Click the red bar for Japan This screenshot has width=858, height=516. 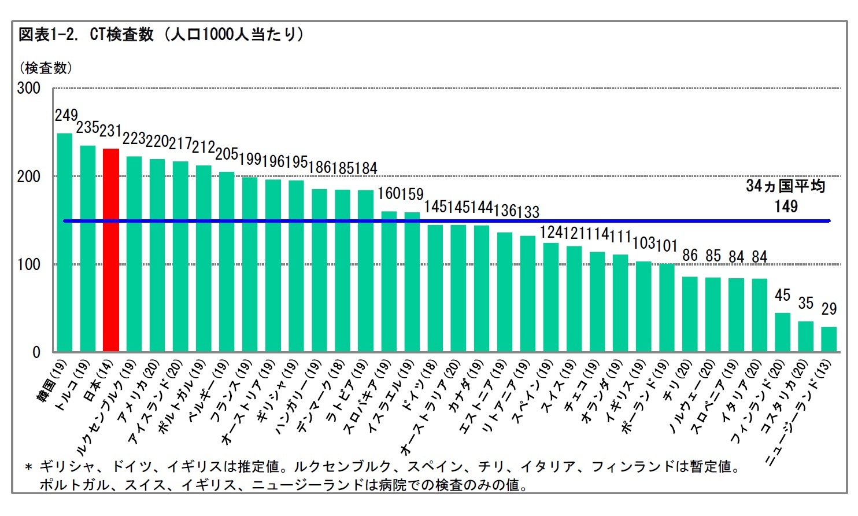[x=110, y=250]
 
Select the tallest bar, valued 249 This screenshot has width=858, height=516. [x=65, y=242]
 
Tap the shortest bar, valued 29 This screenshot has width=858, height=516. [x=829, y=339]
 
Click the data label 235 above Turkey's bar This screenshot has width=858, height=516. [x=87, y=127]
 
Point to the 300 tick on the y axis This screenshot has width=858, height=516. [x=28, y=89]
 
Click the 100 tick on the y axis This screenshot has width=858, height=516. [x=28, y=265]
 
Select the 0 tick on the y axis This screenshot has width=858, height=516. [x=36, y=352]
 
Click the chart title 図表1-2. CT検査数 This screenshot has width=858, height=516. [x=86, y=35]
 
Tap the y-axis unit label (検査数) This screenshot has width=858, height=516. [x=46, y=68]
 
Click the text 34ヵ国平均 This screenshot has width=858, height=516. [x=785, y=186]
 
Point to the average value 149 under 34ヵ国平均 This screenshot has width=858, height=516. [x=786, y=207]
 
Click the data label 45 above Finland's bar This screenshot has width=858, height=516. [x=782, y=296]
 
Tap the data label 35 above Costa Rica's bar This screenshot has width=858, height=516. [x=805, y=303]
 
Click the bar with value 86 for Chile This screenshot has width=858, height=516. [x=689, y=314]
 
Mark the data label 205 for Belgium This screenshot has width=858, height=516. [x=227, y=154]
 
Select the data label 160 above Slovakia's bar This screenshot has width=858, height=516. [x=389, y=193]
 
